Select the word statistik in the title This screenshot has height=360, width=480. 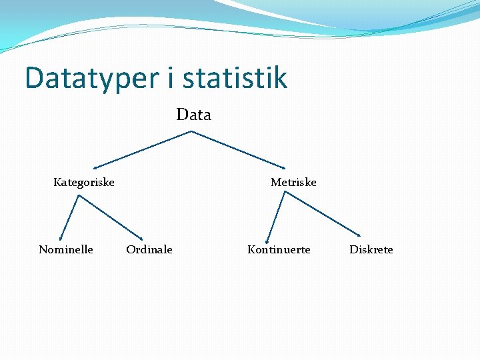[235, 78]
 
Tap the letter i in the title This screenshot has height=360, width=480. [170, 78]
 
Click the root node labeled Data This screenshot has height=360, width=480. [193, 115]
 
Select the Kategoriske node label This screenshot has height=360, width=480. [84, 182]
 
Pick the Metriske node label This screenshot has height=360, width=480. [293, 182]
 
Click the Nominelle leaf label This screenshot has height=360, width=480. [66, 249]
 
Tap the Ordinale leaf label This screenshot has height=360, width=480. [149, 249]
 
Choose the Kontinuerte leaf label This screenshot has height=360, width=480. [279, 249]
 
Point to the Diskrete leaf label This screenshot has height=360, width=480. [371, 249]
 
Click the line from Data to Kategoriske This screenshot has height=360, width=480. [143, 149]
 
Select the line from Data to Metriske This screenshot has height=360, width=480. [238, 149]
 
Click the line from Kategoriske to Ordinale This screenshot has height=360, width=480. [111, 217]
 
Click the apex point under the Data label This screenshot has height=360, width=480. [192, 131]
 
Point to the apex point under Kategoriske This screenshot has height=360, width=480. [79, 195]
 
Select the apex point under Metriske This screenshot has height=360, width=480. [285, 192]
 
